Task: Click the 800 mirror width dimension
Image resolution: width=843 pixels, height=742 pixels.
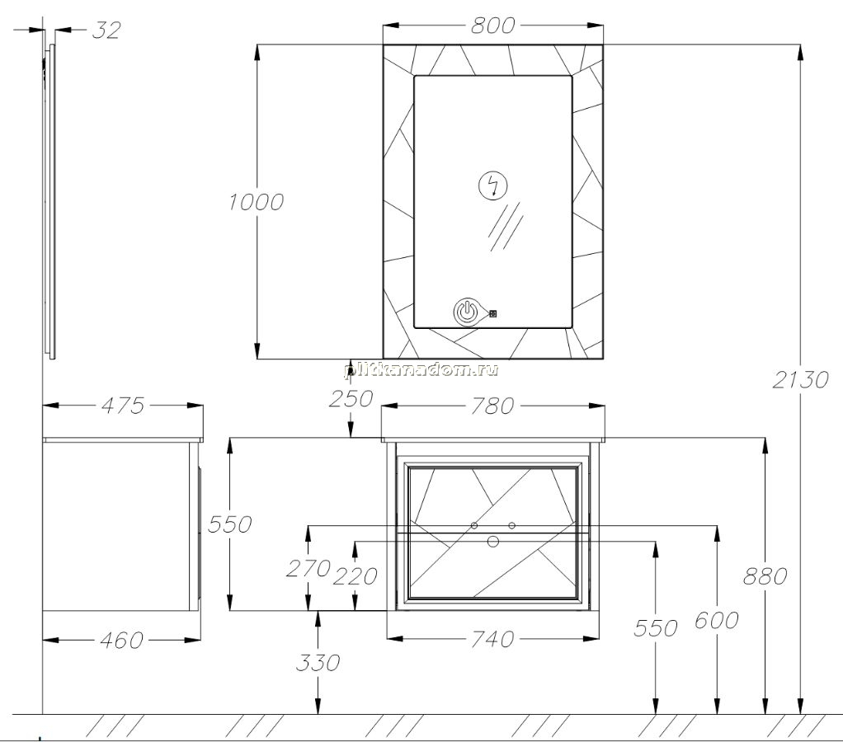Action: pyautogui.click(x=492, y=26)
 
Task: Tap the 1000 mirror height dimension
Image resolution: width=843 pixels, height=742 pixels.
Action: pyautogui.click(x=256, y=202)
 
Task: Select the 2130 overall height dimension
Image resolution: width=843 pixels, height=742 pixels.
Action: pyautogui.click(x=801, y=380)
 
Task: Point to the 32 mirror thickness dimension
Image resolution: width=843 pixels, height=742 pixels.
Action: pyautogui.click(x=106, y=31)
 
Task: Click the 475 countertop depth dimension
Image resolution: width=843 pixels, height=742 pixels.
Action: pyautogui.click(x=123, y=406)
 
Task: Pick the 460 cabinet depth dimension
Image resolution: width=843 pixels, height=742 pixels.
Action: pyautogui.click(x=121, y=640)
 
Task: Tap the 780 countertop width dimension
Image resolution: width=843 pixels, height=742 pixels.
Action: pyautogui.click(x=492, y=406)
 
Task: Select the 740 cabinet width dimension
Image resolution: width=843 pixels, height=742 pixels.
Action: pyautogui.click(x=492, y=639)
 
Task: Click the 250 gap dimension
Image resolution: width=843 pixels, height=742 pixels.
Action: pyautogui.click(x=351, y=399)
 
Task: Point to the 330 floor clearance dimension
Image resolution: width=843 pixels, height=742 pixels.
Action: pyautogui.click(x=318, y=663)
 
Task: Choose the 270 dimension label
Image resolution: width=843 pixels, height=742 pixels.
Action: pyautogui.click(x=308, y=568)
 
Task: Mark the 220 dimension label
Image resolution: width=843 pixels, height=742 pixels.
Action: pyautogui.click(x=355, y=576)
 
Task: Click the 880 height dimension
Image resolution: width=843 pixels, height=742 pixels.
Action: pyautogui.click(x=765, y=576)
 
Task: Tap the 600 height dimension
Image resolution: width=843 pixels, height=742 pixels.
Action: pyautogui.click(x=717, y=621)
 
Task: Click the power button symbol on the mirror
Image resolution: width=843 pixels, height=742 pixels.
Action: pyautogui.click(x=467, y=312)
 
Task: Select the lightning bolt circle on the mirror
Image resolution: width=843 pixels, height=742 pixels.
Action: pyautogui.click(x=492, y=185)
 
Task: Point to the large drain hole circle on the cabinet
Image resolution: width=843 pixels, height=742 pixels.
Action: pyautogui.click(x=493, y=541)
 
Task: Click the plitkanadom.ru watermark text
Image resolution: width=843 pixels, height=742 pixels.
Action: pyautogui.click(x=421, y=369)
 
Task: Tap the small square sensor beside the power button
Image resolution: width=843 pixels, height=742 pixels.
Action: pyautogui.click(x=493, y=312)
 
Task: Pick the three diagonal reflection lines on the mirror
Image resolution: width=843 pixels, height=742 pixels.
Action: pyautogui.click(x=506, y=226)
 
